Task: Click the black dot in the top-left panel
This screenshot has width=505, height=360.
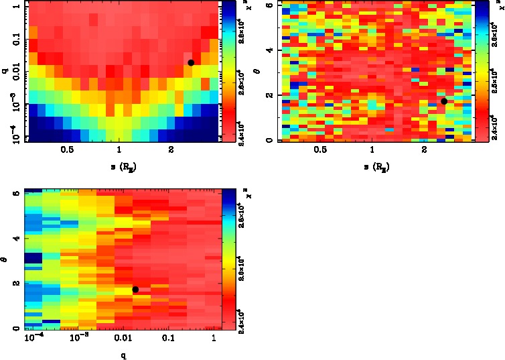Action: coord(191,62)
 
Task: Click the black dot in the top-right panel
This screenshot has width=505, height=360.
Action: coord(443,101)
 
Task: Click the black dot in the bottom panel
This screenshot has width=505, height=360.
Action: coord(135,290)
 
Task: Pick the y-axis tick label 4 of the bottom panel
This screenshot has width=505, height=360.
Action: coord(17,239)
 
